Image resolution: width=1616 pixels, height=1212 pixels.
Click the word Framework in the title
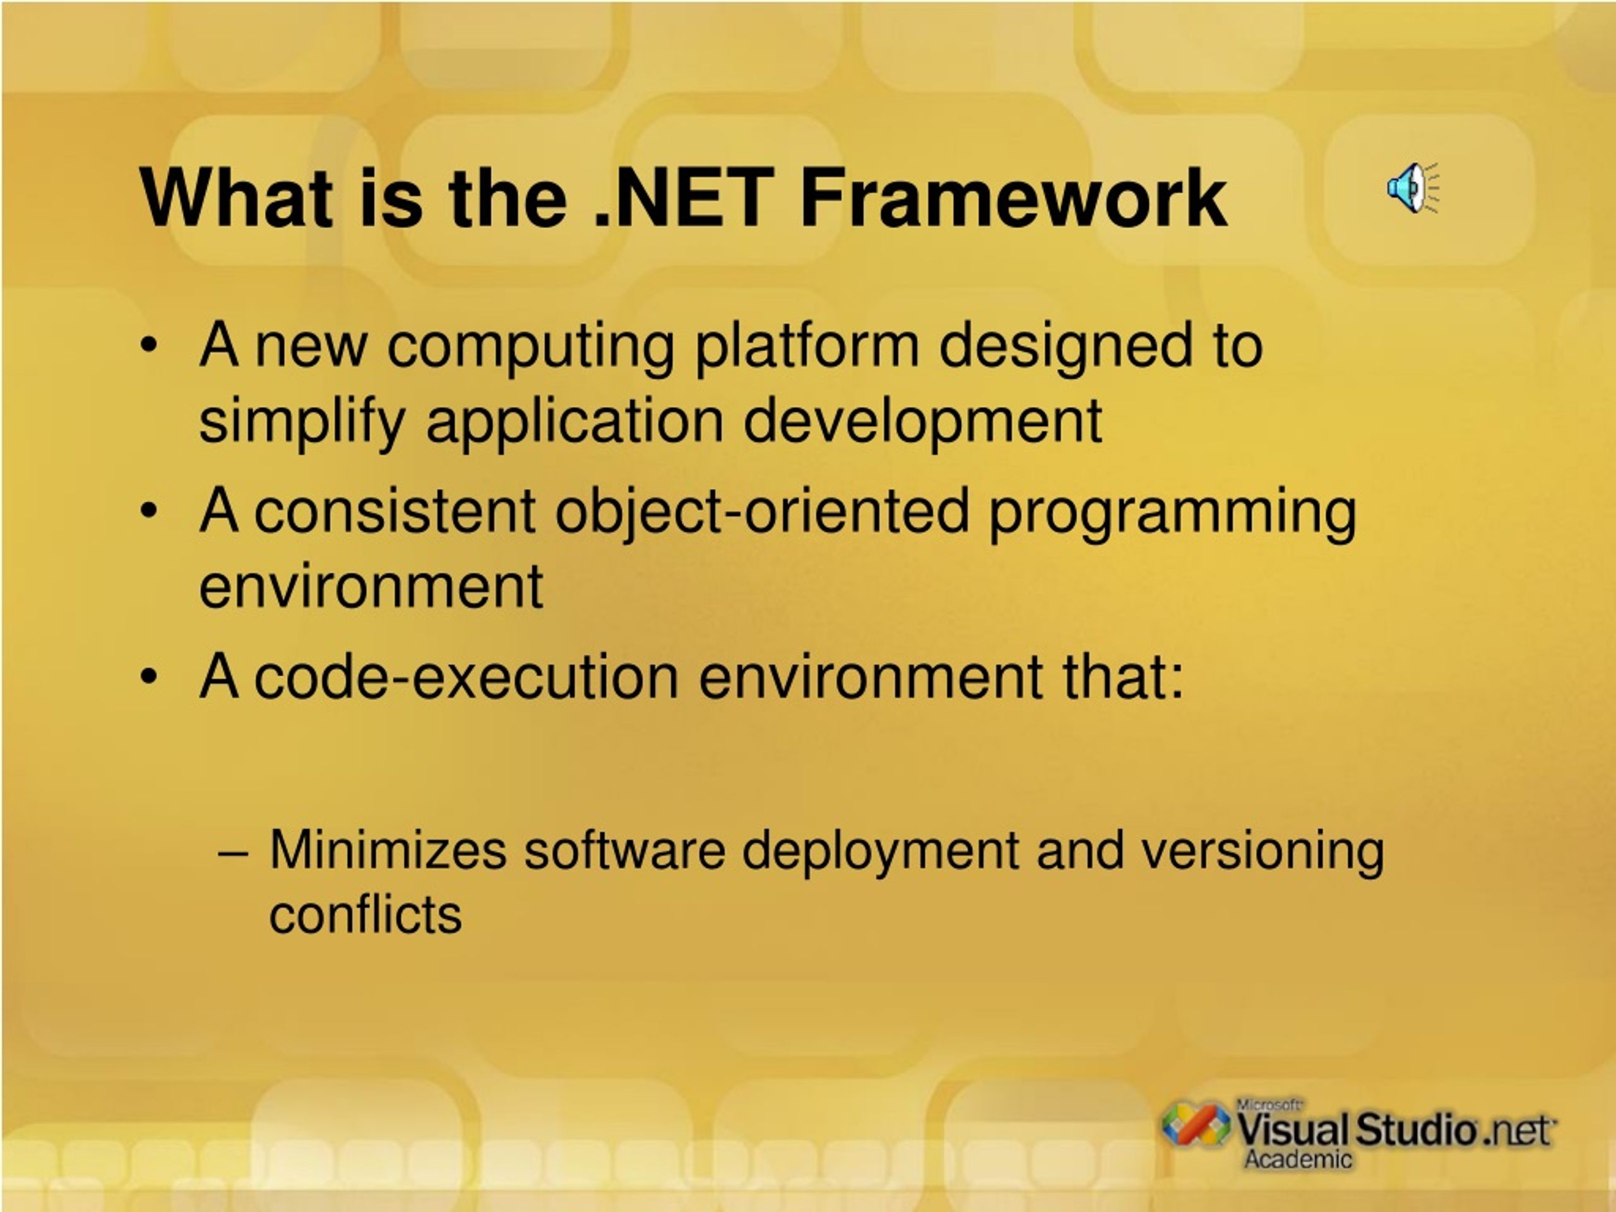pos(1013,198)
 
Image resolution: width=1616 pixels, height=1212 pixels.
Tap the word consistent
pos(395,511)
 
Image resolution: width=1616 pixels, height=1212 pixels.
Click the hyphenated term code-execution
pos(466,677)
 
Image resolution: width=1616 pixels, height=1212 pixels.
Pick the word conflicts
pos(365,913)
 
